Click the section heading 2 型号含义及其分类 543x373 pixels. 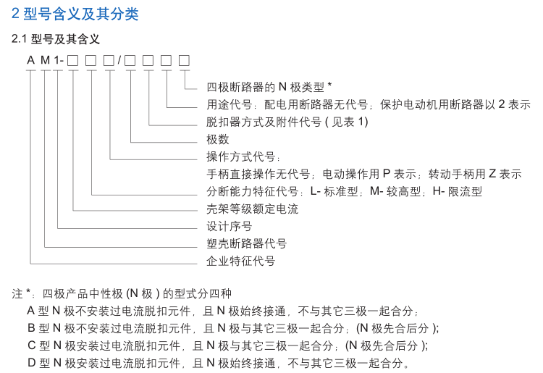(x=75, y=14)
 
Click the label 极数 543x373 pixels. (x=218, y=139)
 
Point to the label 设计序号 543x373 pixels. (x=230, y=226)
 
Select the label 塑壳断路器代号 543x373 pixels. (x=246, y=243)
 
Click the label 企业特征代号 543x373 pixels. (x=240, y=261)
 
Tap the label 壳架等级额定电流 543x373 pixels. (x=252, y=209)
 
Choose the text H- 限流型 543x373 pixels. (x=458, y=191)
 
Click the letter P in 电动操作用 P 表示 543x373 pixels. (x=387, y=174)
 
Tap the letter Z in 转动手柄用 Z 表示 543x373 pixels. (x=492, y=174)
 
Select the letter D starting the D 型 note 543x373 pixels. (x=31, y=362)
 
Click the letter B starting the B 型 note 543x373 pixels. (x=31, y=327)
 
